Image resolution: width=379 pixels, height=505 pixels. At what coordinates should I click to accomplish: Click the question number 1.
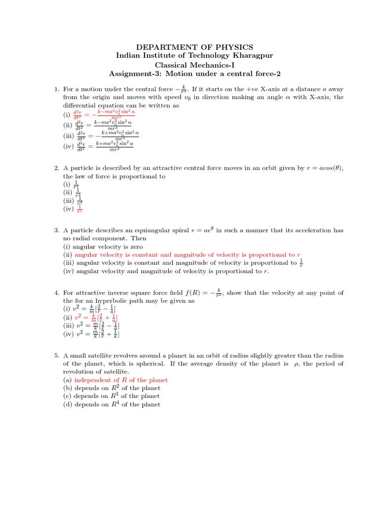(56, 89)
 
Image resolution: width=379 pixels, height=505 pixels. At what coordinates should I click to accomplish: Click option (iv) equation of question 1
(104, 145)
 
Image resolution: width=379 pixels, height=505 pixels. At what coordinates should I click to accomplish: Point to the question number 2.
(56, 169)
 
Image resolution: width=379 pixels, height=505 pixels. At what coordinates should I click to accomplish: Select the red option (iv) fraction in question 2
(79, 209)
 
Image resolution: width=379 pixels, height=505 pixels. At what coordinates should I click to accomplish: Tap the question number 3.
(56, 230)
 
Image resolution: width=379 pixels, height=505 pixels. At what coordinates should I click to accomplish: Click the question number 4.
(56, 293)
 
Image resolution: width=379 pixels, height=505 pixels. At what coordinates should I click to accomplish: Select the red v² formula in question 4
(96, 318)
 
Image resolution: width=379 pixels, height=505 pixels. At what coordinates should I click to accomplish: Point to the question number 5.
(56, 356)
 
